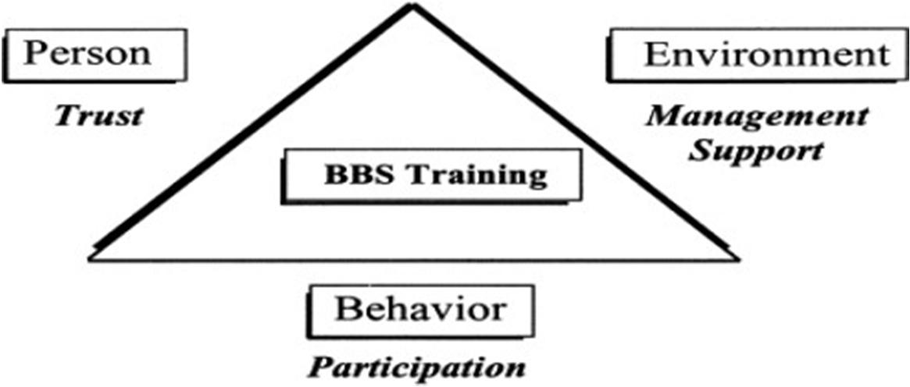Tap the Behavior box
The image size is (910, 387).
(420, 310)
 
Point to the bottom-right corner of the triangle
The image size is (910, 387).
(735, 257)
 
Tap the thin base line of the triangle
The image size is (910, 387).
(414, 258)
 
